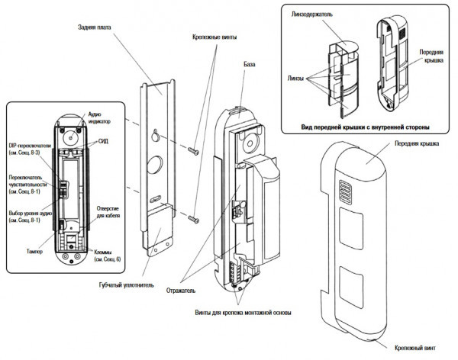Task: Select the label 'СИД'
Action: (x=102, y=142)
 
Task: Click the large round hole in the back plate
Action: (x=154, y=164)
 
